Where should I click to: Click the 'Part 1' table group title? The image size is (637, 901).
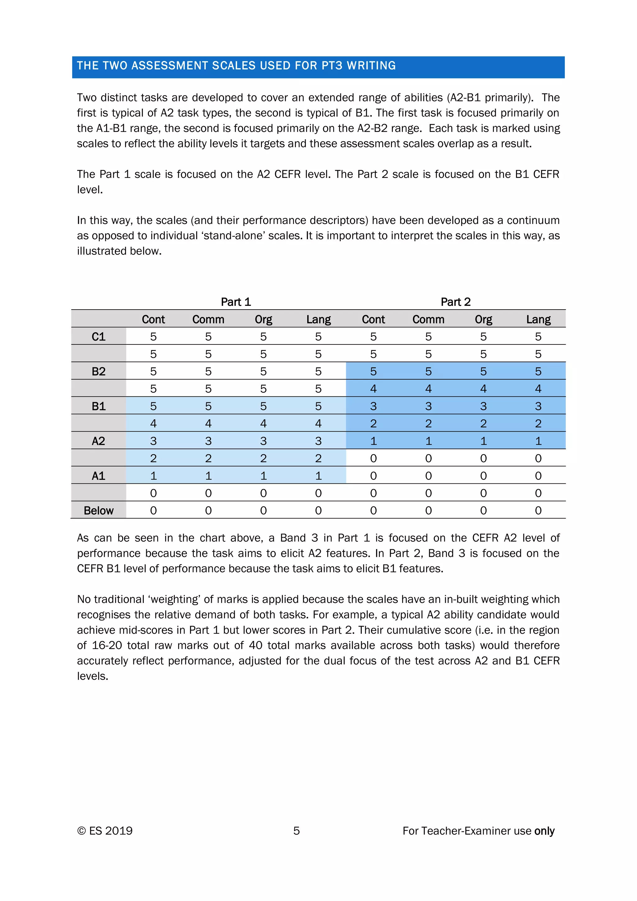tap(236, 302)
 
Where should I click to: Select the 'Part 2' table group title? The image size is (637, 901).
tap(455, 302)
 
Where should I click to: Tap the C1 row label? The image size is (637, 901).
tap(99, 337)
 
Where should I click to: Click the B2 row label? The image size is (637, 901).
tap(99, 371)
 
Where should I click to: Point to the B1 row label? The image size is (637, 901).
tap(99, 406)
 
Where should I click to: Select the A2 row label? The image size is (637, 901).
tap(99, 441)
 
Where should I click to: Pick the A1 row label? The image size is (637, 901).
tap(99, 476)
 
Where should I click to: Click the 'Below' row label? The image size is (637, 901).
tap(99, 511)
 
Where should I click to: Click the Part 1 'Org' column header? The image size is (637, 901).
tap(263, 320)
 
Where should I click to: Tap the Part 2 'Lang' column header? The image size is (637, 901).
tap(538, 320)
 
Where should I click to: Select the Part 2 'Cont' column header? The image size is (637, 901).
tap(374, 320)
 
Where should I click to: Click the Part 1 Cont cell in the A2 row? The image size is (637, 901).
tap(153, 441)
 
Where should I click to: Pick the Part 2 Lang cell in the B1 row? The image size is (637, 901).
tap(538, 406)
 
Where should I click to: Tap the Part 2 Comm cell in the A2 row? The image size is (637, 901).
tap(428, 441)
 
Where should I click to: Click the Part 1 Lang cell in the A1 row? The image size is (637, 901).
tap(318, 476)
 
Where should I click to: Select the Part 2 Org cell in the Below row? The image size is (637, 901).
tap(483, 511)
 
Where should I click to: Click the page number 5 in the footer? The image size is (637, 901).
tap(296, 831)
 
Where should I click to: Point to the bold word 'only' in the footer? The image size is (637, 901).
tap(544, 831)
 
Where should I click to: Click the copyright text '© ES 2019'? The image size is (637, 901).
tap(105, 831)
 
